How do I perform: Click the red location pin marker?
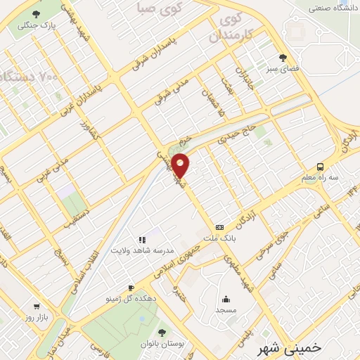[x=181, y=165]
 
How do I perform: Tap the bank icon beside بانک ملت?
[x=220, y=227]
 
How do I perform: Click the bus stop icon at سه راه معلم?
[x=321, y=167]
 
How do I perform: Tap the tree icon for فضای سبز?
[x=283, y=58]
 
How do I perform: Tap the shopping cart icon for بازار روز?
[x=37, y=307]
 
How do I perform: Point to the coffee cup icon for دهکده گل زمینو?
[x=131, y=288]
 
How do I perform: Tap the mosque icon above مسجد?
[x=226, y=299]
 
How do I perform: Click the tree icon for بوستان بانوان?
[x=162, y=331]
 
